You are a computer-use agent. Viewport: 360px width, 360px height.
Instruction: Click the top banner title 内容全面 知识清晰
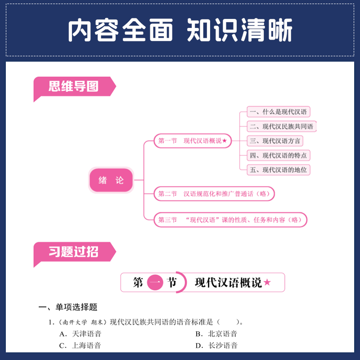click(x=180, y=31)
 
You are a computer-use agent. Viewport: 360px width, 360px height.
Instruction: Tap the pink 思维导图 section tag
click(x=73, y=86)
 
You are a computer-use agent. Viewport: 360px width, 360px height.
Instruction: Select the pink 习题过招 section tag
click(x=73, y=252)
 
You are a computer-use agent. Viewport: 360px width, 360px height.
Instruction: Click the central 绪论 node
click(x=111, y=180)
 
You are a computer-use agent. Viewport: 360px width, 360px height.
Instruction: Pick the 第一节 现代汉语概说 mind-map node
click(x=193, y=141)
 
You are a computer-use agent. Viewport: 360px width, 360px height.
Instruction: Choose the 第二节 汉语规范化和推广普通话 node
click(x=214, y=194)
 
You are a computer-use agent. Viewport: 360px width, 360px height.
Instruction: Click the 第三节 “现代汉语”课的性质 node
click(x=230, y=220)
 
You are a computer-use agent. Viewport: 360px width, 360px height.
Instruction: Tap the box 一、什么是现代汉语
click(x=279, y=112)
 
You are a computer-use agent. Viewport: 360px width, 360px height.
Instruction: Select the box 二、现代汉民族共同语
click(x=281, y=126)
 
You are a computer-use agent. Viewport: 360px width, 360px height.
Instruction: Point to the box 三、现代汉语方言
click(x=275, y=141)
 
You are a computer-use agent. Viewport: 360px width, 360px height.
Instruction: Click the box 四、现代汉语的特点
click(x=279, y=155)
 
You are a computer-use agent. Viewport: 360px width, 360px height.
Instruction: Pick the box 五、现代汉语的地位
click(x=279, y=170)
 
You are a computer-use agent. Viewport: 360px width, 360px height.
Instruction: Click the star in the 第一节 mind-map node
click(x=225, y=141)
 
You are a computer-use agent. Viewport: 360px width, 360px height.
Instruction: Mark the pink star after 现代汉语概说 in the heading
click(x=267, y=283)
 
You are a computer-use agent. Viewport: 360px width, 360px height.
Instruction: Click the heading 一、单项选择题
click(x=68, y=307)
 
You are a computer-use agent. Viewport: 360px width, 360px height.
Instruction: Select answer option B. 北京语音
click(x=216, y=334)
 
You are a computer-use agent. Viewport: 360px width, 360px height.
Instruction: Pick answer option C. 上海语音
click(x=81, y=346)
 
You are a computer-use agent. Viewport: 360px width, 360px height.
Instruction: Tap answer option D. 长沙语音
click(x=216, y=346)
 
